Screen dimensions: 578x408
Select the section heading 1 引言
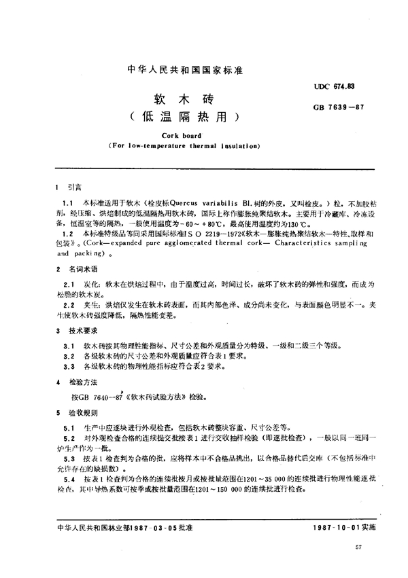pos(67,186)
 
